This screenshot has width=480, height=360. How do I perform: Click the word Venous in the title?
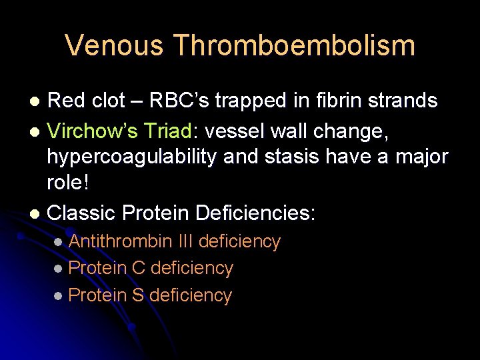click(x=113, y=46)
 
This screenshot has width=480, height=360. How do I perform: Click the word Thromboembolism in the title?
click(x=294, y=46)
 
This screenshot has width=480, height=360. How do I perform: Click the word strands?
click(x=405, y=101)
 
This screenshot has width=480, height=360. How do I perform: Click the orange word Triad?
click(x=169, y=132)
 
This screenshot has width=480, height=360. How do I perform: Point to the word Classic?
click(x=83, y=213)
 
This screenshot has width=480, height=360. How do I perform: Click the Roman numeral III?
click(x=186, y=241)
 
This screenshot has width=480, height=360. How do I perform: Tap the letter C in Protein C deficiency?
click(x=138, y=268)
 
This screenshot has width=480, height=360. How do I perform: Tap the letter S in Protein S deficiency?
click(x=138, y=295)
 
